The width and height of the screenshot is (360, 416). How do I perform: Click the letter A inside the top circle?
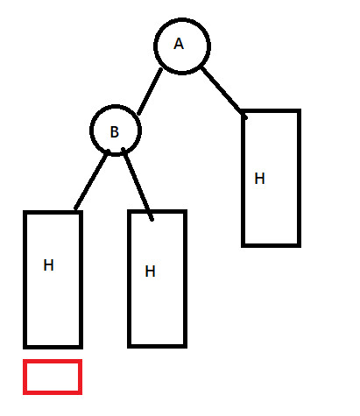[x=179, y=44]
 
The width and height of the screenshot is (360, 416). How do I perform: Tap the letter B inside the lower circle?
[x=115, y=131]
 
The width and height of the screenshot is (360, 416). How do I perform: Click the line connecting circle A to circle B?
[x=150, y=91]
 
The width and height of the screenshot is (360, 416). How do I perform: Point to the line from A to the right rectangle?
[x=223, y=92]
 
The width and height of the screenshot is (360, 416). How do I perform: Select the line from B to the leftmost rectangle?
[x=92, y=180]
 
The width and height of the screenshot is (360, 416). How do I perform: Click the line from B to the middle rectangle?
[x=138, y=184]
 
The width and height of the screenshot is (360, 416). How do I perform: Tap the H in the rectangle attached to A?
[x=259, y=179]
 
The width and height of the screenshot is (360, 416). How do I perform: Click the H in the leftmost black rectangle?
[x=48, y=265]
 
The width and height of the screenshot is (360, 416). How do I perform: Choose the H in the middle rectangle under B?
[x=150, y=271]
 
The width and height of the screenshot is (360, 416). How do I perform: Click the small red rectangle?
[x=53, y=361]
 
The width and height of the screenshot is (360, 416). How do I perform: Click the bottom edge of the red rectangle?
[x=53, y=393]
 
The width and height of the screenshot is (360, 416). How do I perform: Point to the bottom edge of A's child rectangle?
[x=271, y=245]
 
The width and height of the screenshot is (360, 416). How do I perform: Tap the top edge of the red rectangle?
[x=53, y=361]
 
